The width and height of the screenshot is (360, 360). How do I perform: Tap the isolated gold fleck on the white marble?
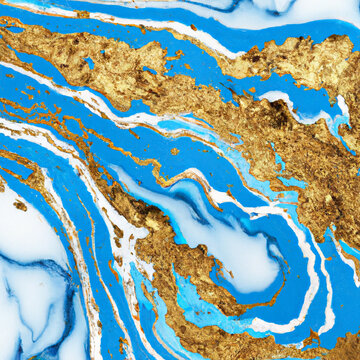coord(20,205)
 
